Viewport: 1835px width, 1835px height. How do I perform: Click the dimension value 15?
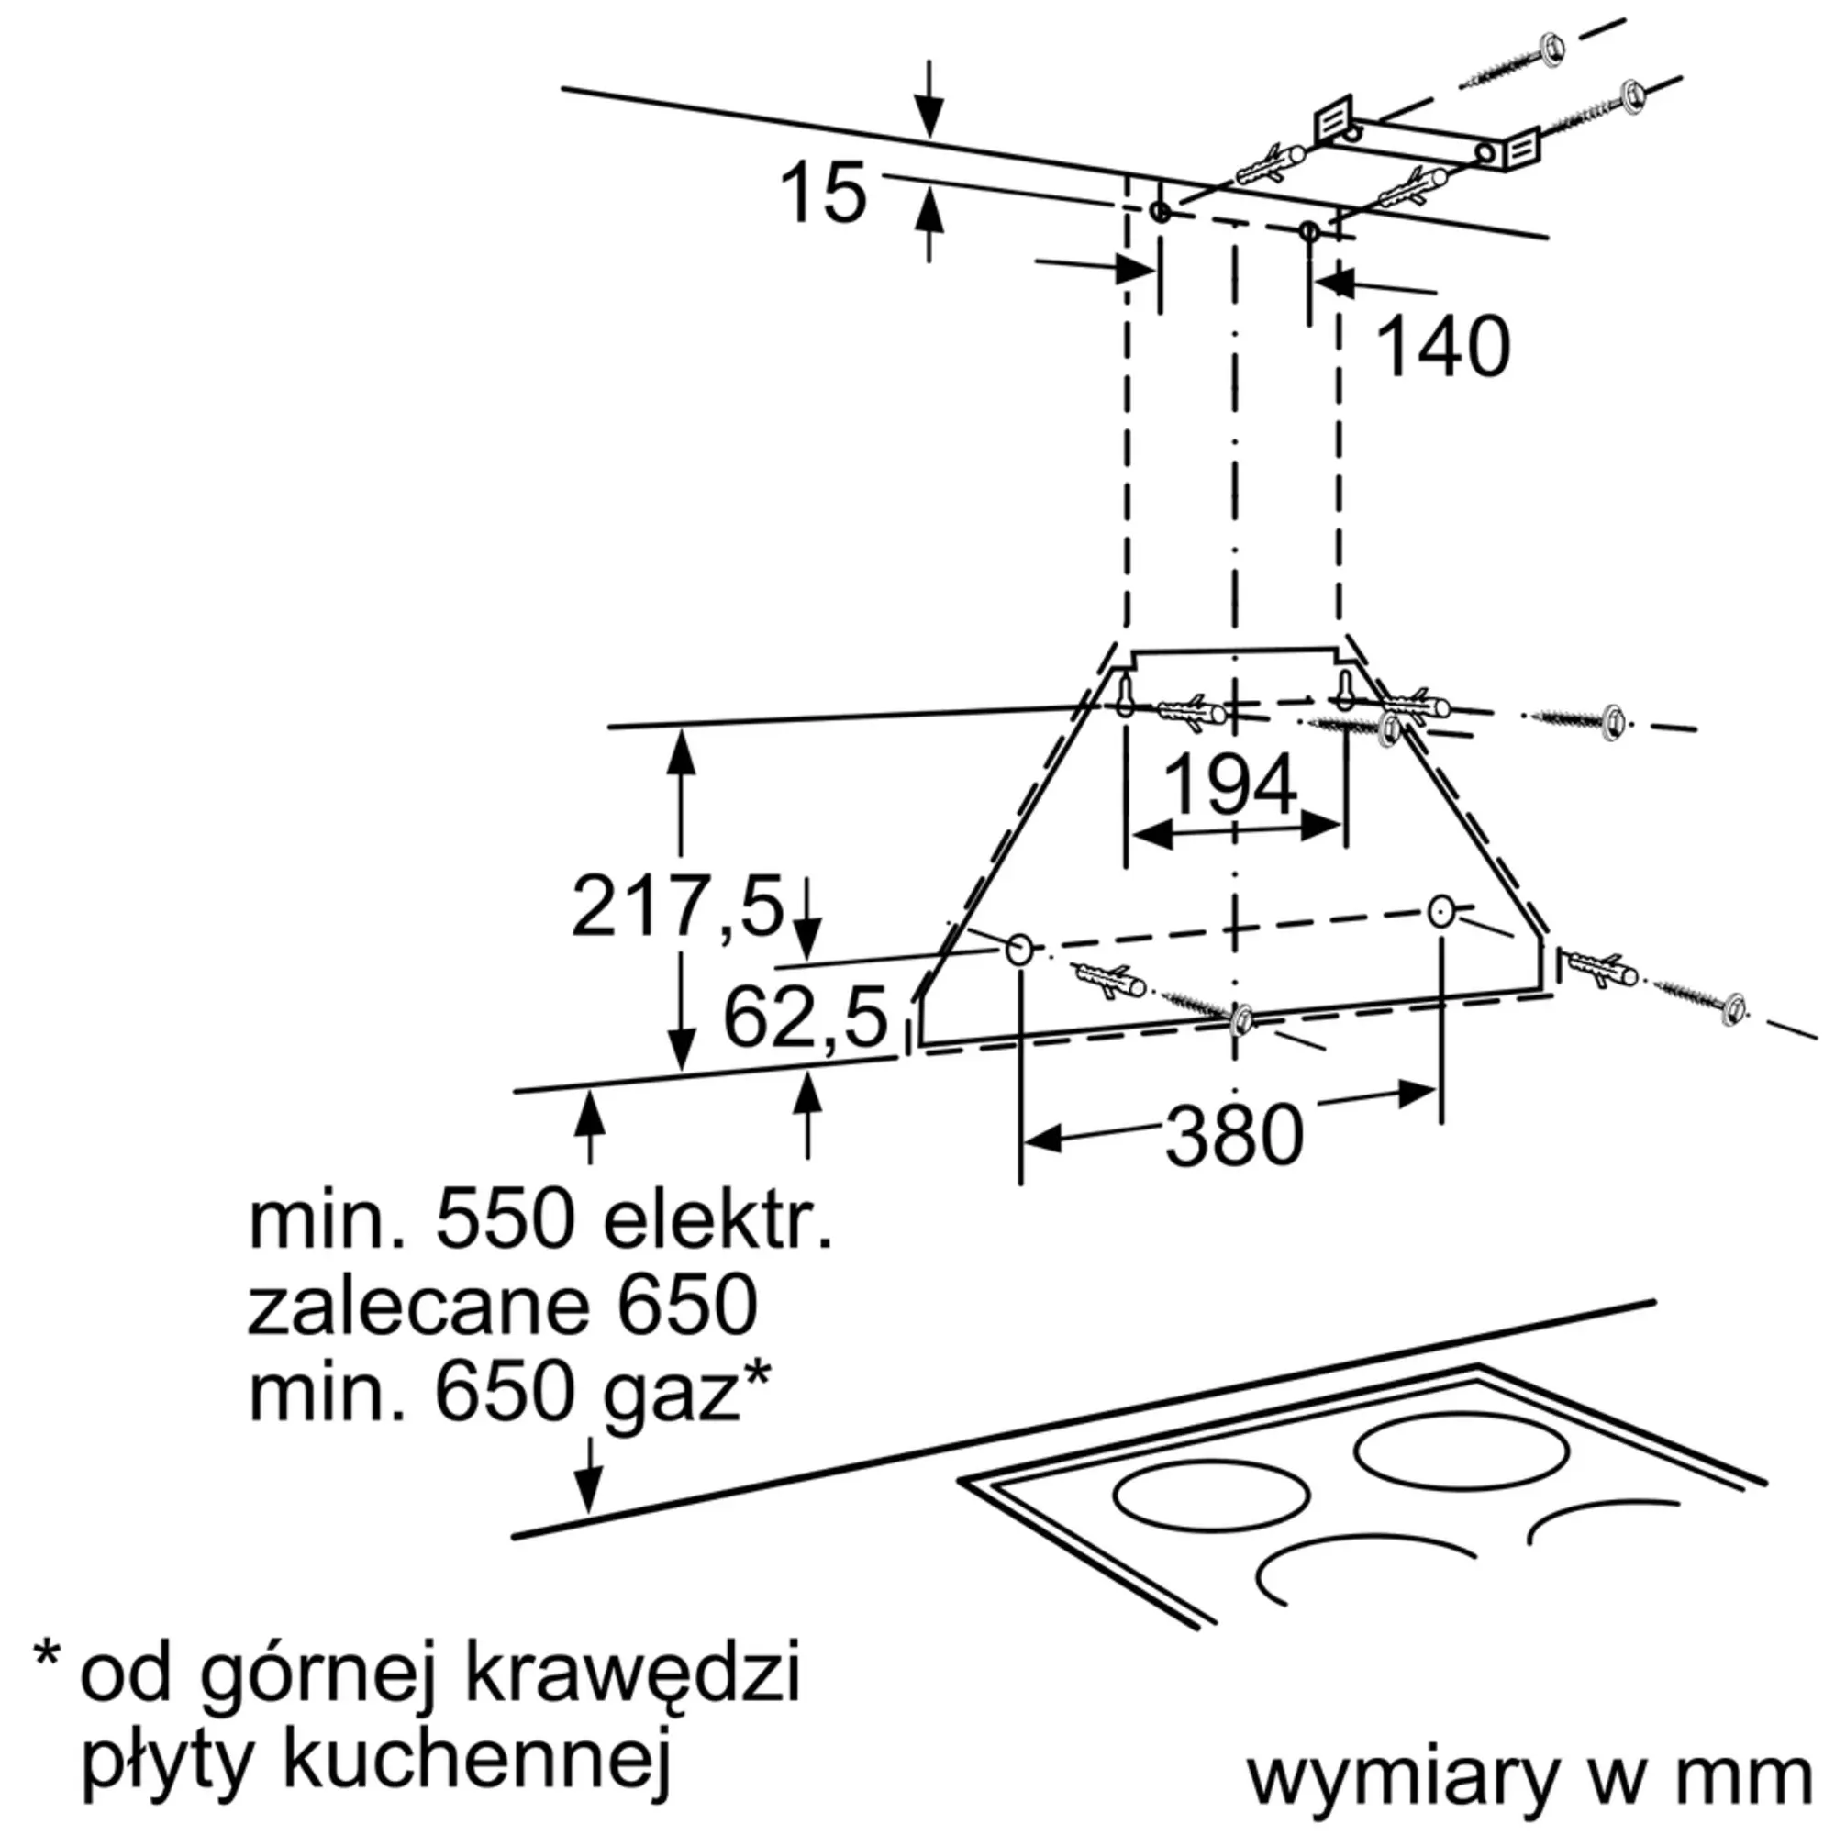click(822, 193)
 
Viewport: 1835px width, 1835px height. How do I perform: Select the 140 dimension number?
click(1441, 348)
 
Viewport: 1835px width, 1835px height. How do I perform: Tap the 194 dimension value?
click(1230, 784)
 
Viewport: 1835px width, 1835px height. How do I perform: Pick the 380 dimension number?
click(1234, 1137)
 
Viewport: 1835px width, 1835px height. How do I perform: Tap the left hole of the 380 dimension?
click(1018, 948)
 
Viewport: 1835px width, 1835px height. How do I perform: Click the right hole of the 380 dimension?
click(1440, 912)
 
